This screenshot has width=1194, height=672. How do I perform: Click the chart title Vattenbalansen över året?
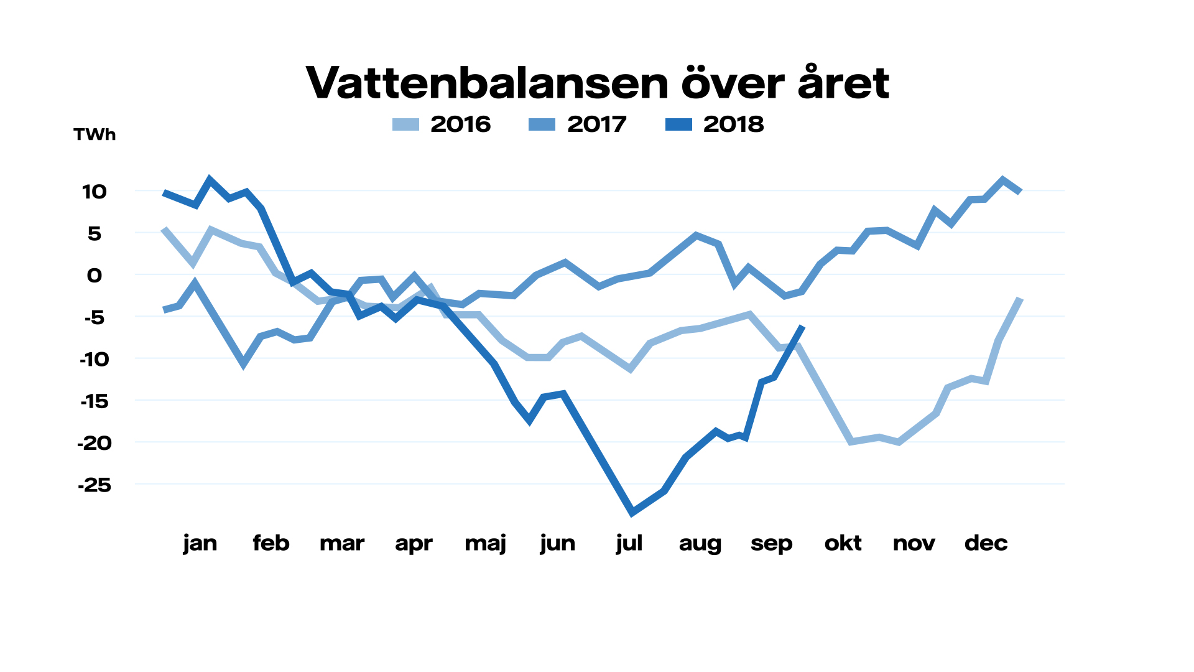coord(597,83)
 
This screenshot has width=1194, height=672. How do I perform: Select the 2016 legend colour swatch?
coord(405,124)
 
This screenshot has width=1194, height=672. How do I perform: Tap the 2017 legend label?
coord(596,124)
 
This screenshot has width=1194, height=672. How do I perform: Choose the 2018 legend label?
coord(733,124)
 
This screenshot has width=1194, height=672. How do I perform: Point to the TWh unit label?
coord(95,134)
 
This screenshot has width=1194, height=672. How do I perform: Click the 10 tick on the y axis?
coord(95,192)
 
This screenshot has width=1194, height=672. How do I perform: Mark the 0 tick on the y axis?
coord(95,275)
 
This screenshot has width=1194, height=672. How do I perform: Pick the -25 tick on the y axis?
coord(95,485)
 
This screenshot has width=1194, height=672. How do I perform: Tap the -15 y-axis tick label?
coord(95,401)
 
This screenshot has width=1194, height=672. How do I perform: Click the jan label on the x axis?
coord(200,543)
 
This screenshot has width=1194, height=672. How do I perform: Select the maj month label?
coord(486,543)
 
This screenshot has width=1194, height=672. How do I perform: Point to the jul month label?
coord(629,543)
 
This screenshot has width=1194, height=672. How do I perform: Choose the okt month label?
coord(843,543)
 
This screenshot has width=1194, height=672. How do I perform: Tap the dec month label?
coord(986,543)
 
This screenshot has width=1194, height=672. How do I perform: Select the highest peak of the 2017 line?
coord(1002,180)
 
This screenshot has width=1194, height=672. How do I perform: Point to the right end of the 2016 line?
coord(1020,299)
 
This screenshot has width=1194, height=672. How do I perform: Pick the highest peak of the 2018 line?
coord(210,179)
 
